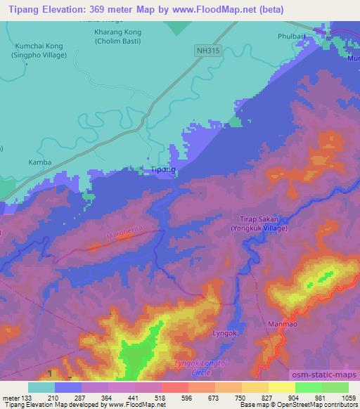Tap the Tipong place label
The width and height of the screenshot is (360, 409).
163,170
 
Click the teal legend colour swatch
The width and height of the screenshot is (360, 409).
41,387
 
